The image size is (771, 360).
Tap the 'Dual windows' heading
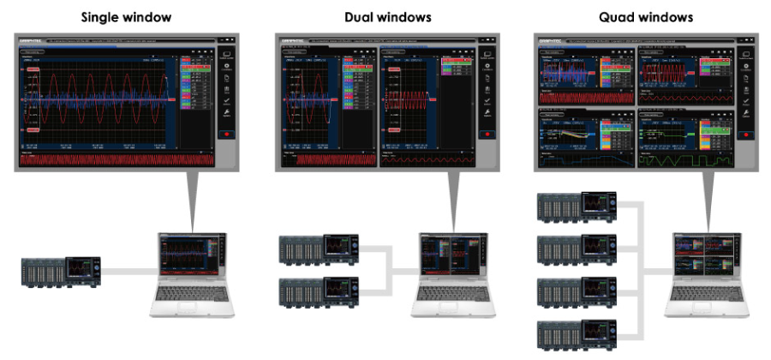pos(387,15)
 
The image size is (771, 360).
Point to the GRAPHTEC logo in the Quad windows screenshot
pos(548,40)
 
